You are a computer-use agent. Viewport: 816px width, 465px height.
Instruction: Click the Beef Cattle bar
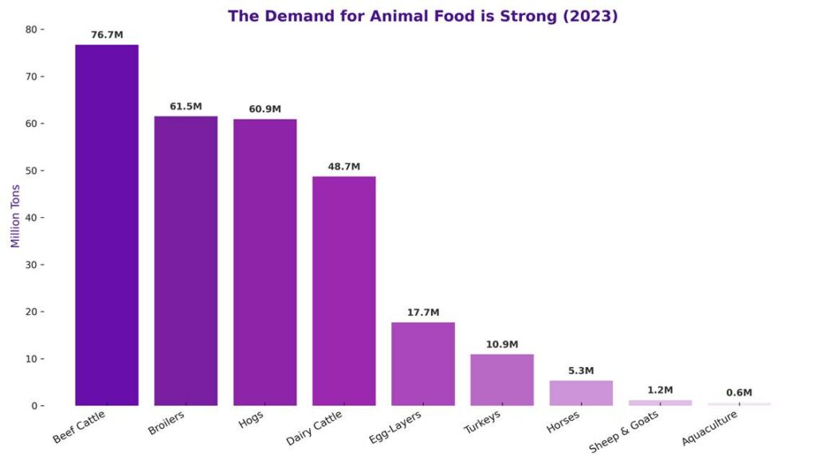(107, 225)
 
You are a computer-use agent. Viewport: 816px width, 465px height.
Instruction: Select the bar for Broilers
(186, 261)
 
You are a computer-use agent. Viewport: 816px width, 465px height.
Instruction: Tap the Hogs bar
(265, 262)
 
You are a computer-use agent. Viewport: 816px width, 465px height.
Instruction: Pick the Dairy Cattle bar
(343, 291)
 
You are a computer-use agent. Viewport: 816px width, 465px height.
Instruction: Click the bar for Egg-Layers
(422, 364)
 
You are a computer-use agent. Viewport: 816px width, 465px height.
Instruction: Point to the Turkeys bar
(502, 380)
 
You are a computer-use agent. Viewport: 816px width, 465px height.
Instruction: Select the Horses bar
(581, 393)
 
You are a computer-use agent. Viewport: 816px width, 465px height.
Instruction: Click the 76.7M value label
(107, 35)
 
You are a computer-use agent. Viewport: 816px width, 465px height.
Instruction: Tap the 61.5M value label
(186, 107)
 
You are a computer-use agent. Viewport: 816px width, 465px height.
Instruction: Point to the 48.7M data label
(343, 167)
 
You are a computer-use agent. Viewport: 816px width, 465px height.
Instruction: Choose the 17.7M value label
(422, 313)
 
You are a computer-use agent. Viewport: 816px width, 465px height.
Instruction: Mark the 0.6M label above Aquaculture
(739, 392)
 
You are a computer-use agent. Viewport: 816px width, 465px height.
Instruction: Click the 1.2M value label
(660, 390)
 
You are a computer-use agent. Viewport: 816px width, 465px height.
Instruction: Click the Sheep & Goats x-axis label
(624, 431)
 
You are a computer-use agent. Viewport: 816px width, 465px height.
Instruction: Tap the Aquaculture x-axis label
(710, 428)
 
